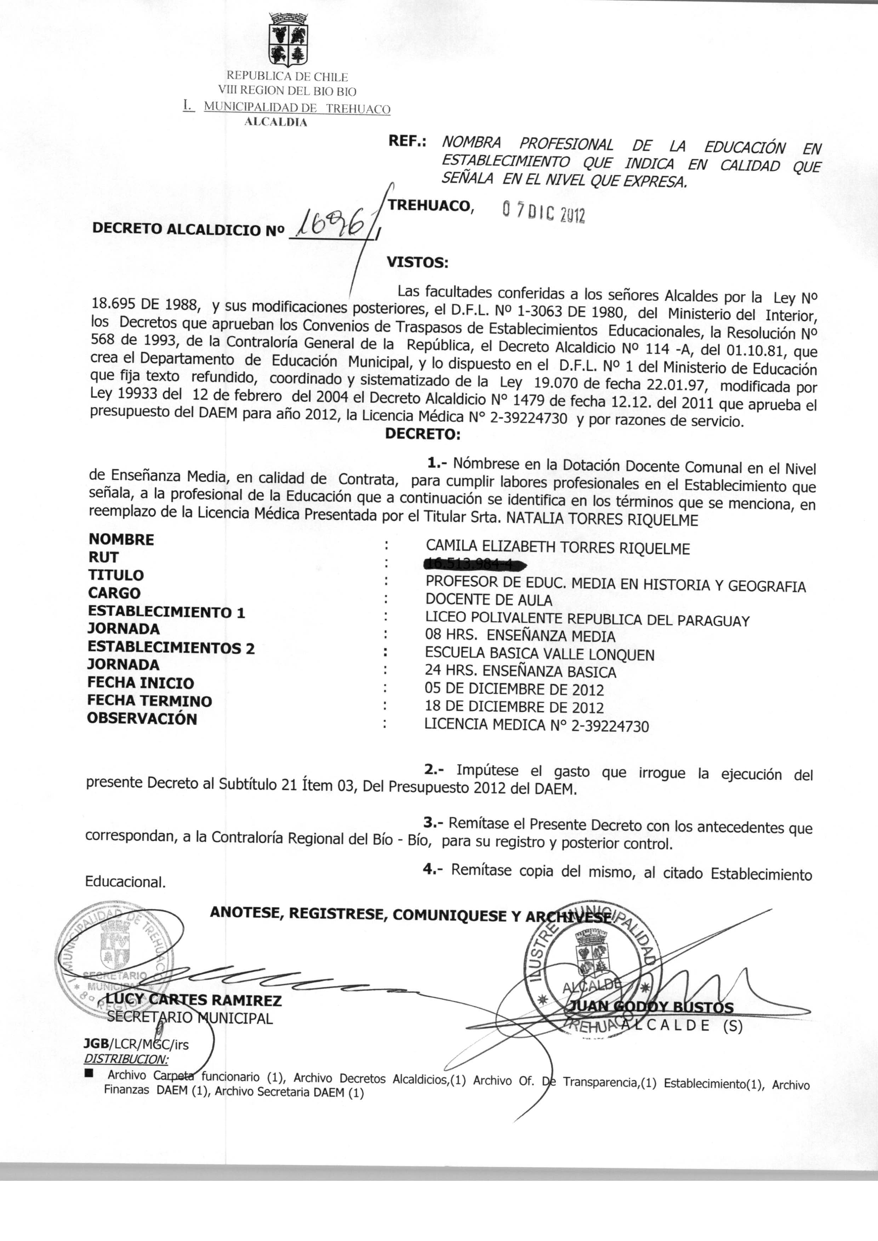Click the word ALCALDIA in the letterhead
pos(276,122)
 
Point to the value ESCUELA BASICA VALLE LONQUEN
pos(540,654)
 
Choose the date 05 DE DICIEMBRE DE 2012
pos(514,690)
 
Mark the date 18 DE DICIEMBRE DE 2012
pos(514,707)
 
